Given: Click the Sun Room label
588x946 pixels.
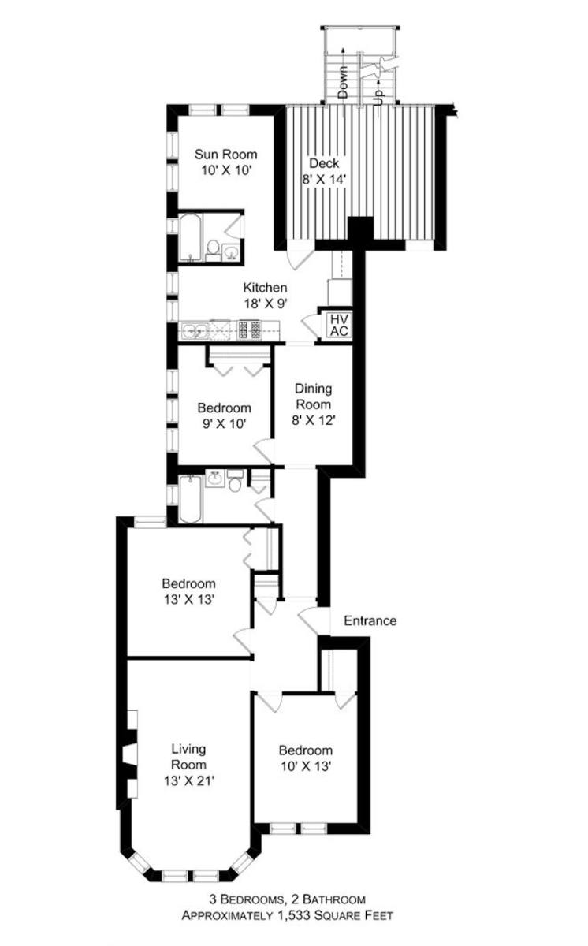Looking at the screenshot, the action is pos(226,155).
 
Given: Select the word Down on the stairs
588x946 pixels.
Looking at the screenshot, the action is pos(343,82).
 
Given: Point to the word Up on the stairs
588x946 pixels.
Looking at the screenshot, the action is pos(379,97).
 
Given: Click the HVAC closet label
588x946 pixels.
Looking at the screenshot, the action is pos(340,325).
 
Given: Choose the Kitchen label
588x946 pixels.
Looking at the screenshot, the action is pos(265,288).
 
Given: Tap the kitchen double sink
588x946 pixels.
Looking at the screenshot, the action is pos(194,330).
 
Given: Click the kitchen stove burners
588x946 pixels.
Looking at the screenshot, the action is pos(250,330).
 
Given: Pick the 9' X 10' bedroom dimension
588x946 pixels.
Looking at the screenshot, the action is pos(224,423).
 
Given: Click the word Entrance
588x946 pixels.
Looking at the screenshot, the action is pos(370,620).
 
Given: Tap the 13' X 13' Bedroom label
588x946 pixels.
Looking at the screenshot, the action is pos(188,591).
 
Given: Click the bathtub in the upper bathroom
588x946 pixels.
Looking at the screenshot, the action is pos(191,237).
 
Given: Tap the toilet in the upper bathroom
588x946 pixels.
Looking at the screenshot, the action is pos(214,249).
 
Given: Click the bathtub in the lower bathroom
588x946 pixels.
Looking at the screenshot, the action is pos(191,499).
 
